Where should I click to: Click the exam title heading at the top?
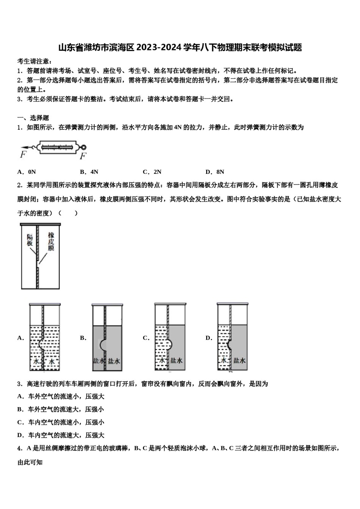(x=180, y=48)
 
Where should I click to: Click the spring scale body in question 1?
(x=58, y=147)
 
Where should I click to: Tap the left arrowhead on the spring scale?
(x=23, y=147)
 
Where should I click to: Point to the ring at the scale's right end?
(x=83, y=147)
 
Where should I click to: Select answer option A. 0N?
(x=27, y=172)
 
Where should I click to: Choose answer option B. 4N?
(x=89, y=172)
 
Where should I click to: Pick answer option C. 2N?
(x=152, y=172)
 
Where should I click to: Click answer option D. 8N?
(x=215, y=172)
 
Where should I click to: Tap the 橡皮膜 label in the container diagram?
(x=51, y=242)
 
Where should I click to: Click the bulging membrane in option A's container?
(x=42, y=343)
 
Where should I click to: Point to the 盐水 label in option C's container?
(x=177, y=361)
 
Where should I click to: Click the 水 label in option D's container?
(x=224, y=361)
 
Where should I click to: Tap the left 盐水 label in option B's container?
(x=99, y=361)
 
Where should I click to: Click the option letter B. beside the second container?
(x=83, y=338)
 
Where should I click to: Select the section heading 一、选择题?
(x=33, y=118)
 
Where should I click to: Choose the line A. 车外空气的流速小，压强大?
(x=61, y=397)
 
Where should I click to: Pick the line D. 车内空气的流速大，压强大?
(x=61, y=435)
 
